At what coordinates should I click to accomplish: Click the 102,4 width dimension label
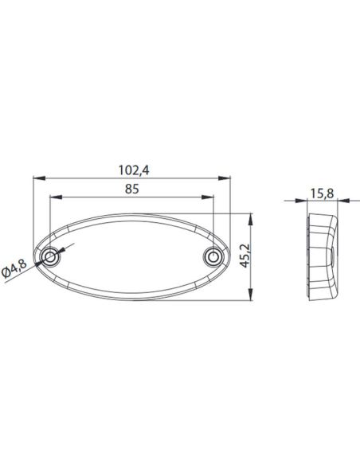pyautogui.click(x=132, y=169)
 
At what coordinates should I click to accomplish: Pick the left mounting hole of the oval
pyautogui.click(x=52, y=257)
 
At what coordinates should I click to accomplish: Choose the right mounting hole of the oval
pyautogui.click(x=213, y=257)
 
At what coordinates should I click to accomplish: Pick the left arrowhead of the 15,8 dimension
pyautogui.click(x=307, y=202)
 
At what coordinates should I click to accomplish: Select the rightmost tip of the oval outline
pyautogui.click(x=230, y=257)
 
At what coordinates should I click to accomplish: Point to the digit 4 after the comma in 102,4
pyautogui.click(x=147, y=169)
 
